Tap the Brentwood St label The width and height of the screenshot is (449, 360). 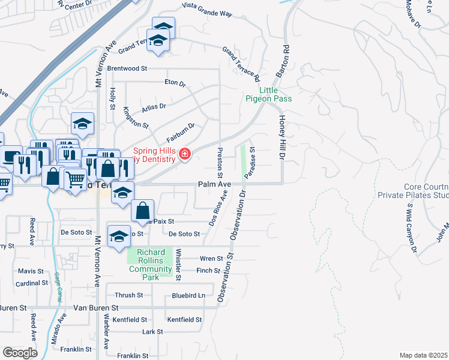pyautogui.click(x=127, y=68)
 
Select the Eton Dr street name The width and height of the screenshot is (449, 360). pyautogui.click(x=175, y=82)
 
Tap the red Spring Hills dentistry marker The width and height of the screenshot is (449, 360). pyautogui.click(x=185, y=155)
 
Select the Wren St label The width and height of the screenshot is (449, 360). pyautogui.click(x=211, y=259)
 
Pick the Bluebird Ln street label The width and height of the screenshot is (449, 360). pyautogui.click(x=188, y=295)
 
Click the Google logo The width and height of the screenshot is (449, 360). pyautogui.click(x=20, y=353)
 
